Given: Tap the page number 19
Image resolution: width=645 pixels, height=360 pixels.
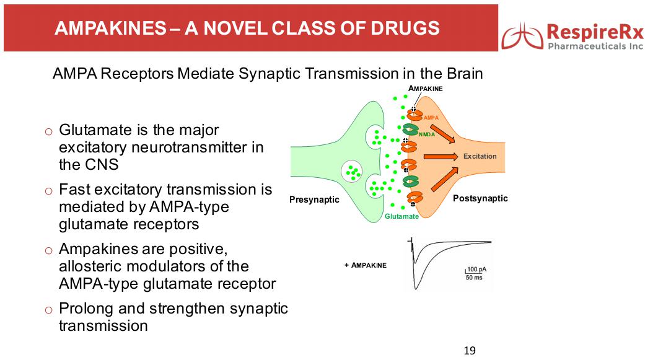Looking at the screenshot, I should click(x=470, y=351).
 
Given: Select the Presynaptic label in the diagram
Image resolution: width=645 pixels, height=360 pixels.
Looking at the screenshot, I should click(x=314, y=200).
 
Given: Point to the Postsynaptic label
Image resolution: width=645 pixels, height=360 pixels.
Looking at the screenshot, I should click(x=480, y=198).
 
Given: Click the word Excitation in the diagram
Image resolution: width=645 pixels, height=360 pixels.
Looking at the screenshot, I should click(x=480, y=156).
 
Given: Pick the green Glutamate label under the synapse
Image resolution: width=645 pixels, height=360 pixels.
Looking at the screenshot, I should click(x=401, y=216).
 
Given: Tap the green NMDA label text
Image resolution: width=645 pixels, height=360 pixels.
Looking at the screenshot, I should click(x=427, y=134).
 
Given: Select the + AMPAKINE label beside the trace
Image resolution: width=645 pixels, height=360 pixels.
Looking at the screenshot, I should click(x=365, y=265).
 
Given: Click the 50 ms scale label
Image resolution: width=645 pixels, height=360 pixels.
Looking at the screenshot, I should click(x=474, y=278).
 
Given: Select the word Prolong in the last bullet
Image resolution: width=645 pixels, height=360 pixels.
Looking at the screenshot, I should click(x=82, y=308).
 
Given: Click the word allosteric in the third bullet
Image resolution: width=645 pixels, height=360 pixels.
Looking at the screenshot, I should click(x=92, y=266).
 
